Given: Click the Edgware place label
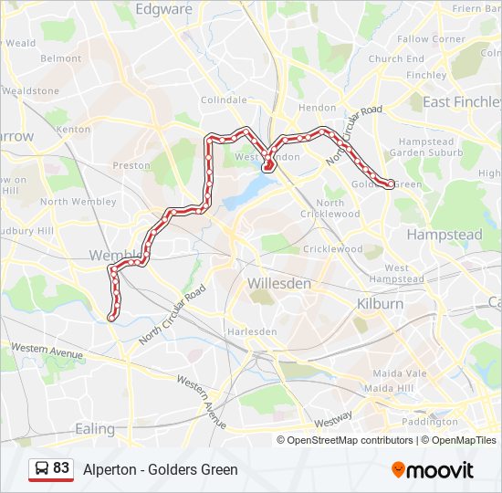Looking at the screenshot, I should click(163, 9).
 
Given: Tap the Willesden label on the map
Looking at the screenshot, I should click(278, 284).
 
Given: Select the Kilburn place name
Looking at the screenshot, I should click(380, 303).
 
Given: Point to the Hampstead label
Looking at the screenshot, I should click(444, 235).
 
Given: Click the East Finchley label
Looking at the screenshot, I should click(461, 102).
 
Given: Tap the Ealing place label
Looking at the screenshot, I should click(95, 428).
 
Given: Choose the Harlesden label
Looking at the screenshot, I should click(251, 331).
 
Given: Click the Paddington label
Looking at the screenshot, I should click(428, 422).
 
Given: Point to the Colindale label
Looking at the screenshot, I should click(224, 100).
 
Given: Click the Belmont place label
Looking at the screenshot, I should click(60, 58).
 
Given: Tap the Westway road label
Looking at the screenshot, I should click(332, 419).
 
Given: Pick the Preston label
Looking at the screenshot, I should click(131, 165).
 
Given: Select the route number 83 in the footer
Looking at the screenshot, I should click(61, 468).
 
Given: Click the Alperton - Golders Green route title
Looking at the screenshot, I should click(160, 470).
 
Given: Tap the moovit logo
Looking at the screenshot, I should click(433, 470).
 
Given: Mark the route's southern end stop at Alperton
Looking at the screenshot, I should click(111, 317).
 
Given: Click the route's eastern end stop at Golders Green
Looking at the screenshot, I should click(391, 184).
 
